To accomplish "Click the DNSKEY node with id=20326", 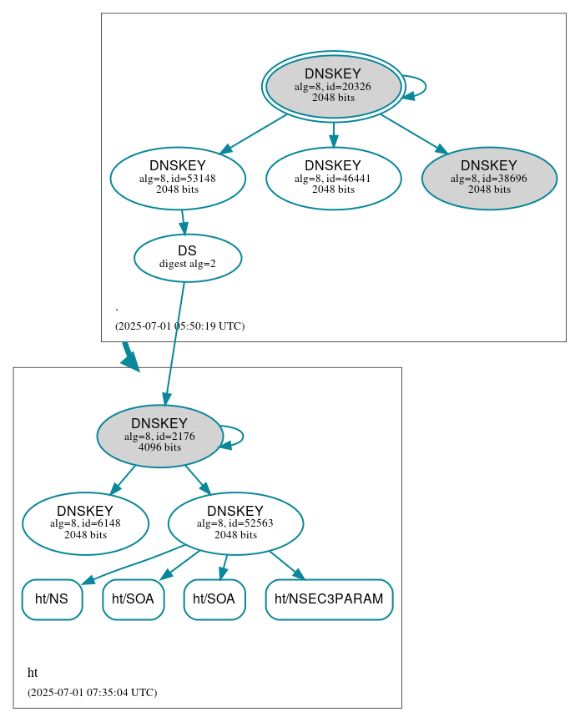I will tap(333, 86).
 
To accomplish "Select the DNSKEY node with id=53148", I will tap(178, 178).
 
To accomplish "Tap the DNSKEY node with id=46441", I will tap(333, 178).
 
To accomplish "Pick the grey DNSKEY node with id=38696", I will tap(489, 178).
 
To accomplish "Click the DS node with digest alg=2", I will tap(188, 258).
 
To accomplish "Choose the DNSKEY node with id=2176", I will tap(159, 436).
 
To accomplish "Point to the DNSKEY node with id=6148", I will tap(85, 523).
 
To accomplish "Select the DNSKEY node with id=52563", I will tap(235, 523).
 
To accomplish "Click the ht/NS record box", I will tap(52, 599).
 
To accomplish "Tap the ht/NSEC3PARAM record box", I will tap(329, 599).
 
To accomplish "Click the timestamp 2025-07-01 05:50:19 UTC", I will tap(179, 326).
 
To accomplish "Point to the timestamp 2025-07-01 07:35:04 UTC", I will tap(92, 693).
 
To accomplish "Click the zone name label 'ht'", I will tap(33, 673).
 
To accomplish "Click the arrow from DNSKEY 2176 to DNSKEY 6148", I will tap(123, 479).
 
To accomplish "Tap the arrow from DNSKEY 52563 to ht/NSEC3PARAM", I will tap(286, 565).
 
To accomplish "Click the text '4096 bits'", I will tap(159, 447).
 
